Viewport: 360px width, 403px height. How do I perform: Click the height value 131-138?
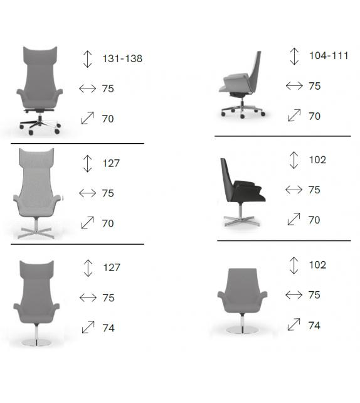click(x=122, y=59)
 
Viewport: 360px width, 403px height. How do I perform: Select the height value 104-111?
click(x=329, y=56)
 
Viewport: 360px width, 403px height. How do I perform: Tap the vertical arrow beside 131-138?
click(x=87, y=58)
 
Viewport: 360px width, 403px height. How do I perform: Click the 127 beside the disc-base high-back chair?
click(x=112, y=267)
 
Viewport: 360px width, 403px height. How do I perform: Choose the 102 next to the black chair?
click(x=317, y=160)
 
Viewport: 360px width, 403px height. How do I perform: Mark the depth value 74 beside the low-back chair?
click(x=314, y=325)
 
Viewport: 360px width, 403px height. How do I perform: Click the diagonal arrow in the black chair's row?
click(x=294, y=219)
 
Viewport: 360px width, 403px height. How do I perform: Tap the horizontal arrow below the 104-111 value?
click(x=294, y=86)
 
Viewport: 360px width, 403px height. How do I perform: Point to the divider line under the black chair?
click(x=284, y=240)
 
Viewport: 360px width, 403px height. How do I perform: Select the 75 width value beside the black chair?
click(x=314, y=190)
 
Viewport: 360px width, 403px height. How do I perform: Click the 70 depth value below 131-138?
click(x=108, y=118)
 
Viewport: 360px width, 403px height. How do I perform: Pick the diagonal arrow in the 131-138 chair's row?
click(x=87, y=117)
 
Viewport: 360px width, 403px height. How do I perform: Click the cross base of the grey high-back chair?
click(x=38, y=234)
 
